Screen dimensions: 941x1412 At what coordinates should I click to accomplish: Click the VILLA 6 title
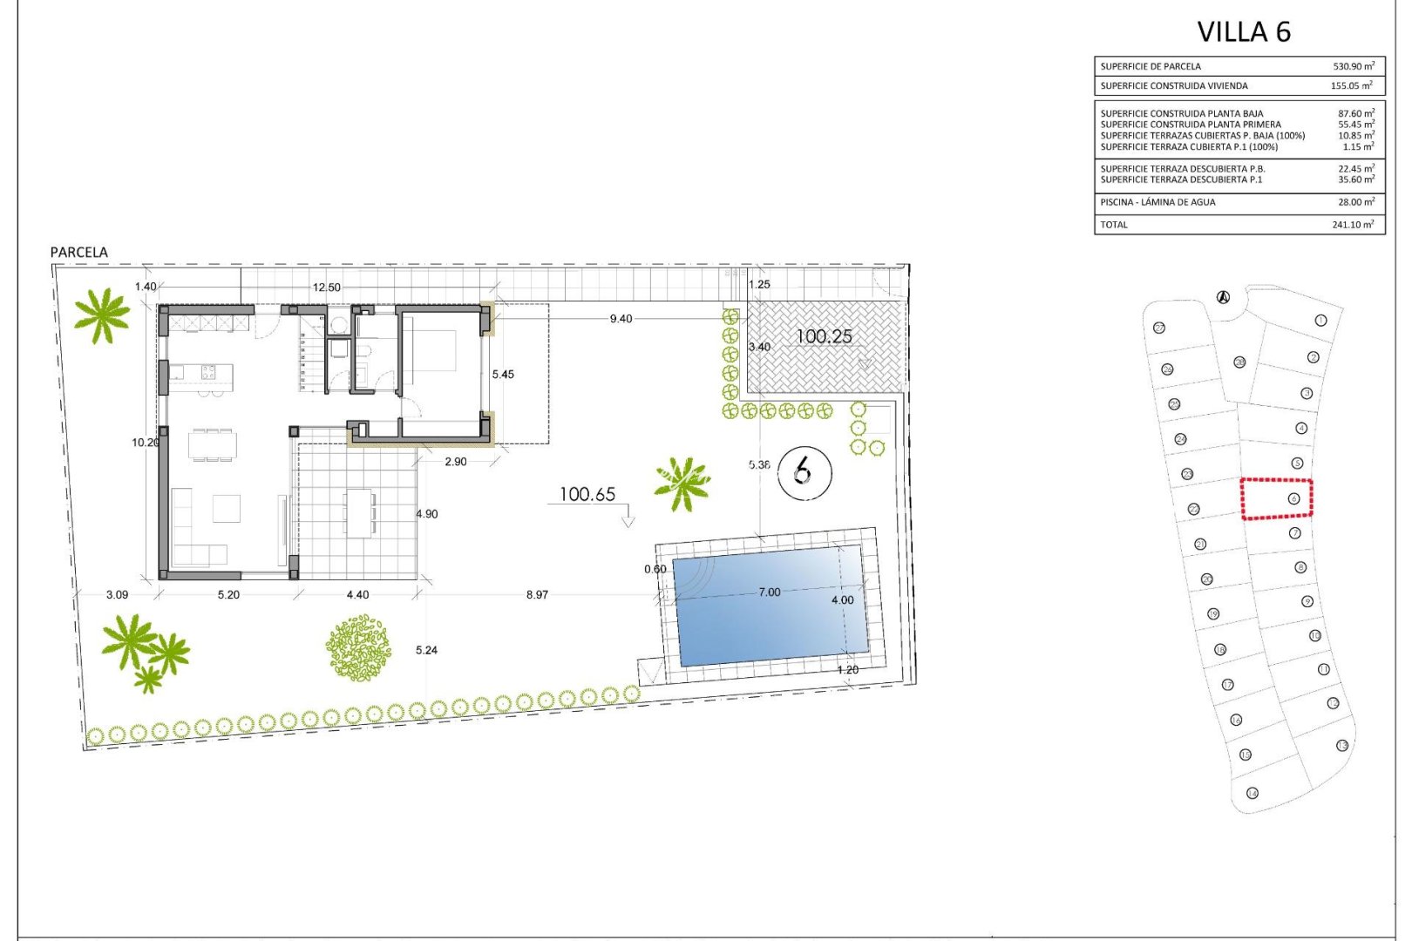click(1244, 32)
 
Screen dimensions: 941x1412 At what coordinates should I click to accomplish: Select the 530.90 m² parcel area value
click(1353, 66)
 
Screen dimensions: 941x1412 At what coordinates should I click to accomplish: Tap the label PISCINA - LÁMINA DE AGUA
click(1157, 202)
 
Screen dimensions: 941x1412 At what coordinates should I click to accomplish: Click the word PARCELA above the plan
click(79, 253)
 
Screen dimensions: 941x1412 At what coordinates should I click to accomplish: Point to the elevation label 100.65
click(587, 495)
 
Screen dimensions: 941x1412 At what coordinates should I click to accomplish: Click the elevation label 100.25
click(824, 336)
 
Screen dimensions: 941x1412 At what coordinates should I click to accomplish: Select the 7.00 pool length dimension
click(770, 592)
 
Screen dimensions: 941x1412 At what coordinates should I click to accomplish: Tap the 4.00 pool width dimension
click(842, 600)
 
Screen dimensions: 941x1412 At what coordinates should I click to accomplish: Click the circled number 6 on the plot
click(804, 472)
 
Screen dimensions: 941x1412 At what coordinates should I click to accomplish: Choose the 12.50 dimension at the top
click(327, 288)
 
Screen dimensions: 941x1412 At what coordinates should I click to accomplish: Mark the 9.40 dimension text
click(621, 319)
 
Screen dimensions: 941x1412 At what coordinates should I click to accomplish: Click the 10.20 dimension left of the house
click(146, 443)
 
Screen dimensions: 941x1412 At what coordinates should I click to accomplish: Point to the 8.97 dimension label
click(537, 595)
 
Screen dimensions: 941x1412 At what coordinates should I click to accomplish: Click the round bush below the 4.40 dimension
click(358, 648)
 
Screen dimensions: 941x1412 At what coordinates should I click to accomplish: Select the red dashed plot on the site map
click(1276, 499)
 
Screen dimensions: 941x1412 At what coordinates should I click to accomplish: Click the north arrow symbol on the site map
click(1223, 297)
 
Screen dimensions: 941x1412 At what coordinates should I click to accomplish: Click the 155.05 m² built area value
click(1351, 86)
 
